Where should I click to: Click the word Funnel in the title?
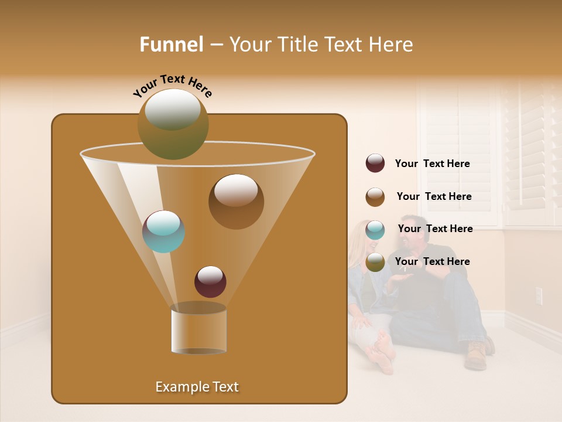[x=171, y=45]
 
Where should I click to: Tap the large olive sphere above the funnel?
[x=173, y=124]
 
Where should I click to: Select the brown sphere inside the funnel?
[x=236, y=201]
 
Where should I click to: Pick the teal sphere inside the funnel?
[x=163, y=231]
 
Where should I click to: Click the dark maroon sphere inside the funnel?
[x=210, y=281]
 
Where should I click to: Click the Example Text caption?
[x=197, y=387]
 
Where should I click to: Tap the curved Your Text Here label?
[x=172, y=85]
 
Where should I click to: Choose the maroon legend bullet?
[x=375, y=164]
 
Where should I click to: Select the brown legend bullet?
[x=375, y=196]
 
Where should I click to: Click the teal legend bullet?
[x=375, y=229]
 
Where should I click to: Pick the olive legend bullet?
[x=375, y=262]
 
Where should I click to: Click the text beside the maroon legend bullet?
[x=432, y=164]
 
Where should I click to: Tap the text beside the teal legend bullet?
[x=435, y=229]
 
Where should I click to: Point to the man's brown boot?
[x=477, y=355]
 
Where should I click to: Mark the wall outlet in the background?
[x=539, y=296]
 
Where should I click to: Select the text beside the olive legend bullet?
[x=432, y=262]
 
